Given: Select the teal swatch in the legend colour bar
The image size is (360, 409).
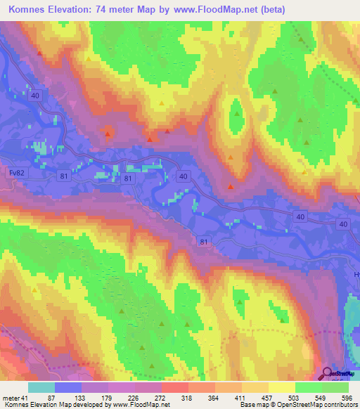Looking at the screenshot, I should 41,387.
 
